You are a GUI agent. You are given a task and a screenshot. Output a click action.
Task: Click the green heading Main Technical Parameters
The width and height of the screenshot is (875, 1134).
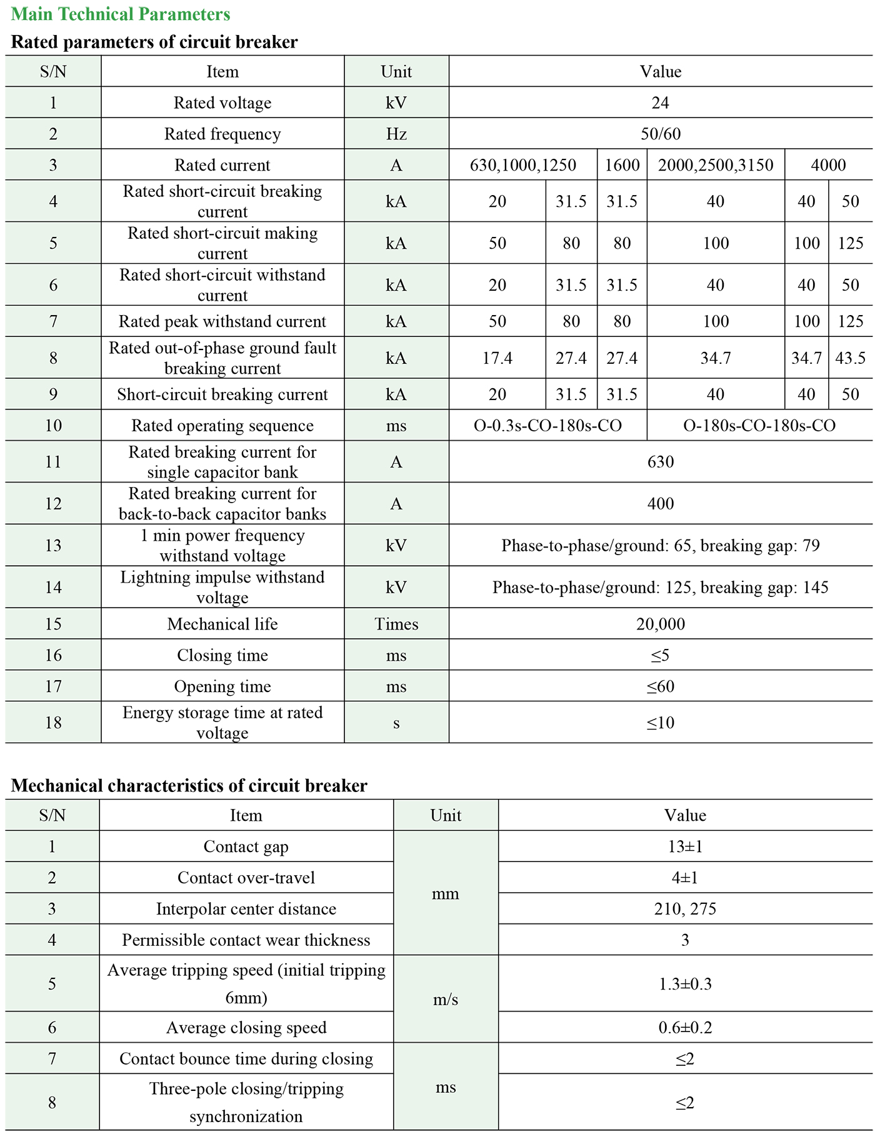tap(121, 14)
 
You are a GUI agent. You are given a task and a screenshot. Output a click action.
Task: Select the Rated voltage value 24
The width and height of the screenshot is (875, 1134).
tap(660, 103)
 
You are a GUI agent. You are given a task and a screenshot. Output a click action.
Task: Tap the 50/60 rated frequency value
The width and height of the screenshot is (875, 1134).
tap(660, 134)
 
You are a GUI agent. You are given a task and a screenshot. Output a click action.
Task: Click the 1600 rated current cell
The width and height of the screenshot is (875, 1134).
tap(622, 165)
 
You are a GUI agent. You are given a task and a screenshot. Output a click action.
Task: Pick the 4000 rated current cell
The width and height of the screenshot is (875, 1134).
tap(828, 165)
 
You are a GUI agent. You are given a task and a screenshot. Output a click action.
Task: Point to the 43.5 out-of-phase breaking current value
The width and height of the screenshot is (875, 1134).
tap(850, 358)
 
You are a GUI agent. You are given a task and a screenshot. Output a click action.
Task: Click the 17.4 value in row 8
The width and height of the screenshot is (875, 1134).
tap(497, 358)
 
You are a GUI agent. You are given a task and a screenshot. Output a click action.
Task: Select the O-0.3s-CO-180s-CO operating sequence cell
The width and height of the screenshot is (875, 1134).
tap(547, 426)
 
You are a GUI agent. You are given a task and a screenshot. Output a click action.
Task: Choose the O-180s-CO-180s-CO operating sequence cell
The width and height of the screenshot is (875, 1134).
tap(759, 426)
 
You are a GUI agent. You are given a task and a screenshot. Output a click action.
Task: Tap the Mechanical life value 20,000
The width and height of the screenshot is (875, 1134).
tap(660, 624)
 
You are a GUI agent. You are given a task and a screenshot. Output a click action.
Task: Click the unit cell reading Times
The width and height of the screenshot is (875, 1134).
tap(396, 624)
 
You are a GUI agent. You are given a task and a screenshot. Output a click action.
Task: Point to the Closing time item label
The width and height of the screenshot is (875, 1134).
tap(222, 655)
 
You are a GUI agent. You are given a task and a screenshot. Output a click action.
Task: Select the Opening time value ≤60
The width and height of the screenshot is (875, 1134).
tap(660, 686)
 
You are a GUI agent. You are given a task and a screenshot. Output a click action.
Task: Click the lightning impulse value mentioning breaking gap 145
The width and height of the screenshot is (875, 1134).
tap(660, 588)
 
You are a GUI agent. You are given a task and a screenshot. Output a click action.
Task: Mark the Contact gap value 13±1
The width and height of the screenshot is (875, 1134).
tap(685, 846)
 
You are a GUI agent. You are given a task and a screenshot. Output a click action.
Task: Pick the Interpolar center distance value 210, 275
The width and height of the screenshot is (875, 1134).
tap(685, 909)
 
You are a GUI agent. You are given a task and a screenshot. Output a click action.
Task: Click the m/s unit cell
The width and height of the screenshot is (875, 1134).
tap(446, 1000)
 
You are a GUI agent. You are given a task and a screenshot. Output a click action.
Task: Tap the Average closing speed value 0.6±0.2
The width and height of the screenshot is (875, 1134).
tap(685, 1028)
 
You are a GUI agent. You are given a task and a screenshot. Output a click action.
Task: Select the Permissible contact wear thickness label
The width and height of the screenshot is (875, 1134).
tap(246, 940)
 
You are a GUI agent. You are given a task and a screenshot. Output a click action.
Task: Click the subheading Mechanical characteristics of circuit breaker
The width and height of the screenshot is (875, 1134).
tap(189, 785)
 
